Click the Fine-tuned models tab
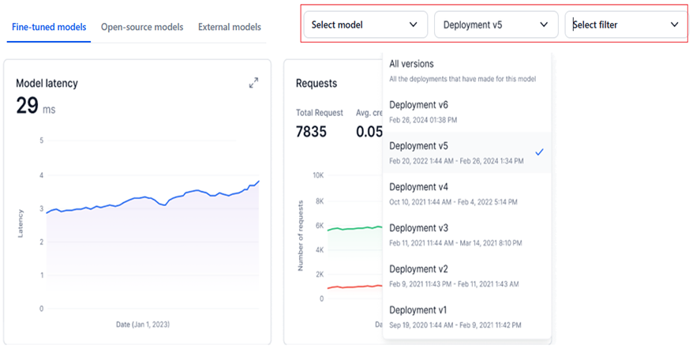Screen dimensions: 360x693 (x=49, y=27)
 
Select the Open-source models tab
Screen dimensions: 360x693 (x=142, y=27)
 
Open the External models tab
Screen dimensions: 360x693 (x=230, y=27)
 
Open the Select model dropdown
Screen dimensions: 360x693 (x=365, y=24)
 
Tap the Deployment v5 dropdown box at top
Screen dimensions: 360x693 (x=495, y=24)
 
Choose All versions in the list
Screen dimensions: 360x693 (x=411, y=64)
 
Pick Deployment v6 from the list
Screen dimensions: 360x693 (x=418, y=105)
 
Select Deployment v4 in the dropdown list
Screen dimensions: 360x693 (x=418, y=187)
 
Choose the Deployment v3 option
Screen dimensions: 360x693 (x=418, y=228)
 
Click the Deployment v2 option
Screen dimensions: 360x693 (x=418, y=269)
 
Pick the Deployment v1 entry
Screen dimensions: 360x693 (x=418, y=310)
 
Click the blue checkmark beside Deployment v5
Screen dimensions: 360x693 (x=539, y=152)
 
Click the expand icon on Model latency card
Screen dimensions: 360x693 (x=253, y=83)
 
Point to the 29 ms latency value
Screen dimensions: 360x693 (x=36, y=106)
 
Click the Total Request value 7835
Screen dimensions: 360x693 (x=311, y=132)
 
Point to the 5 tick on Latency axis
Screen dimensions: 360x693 (x=41, y=141)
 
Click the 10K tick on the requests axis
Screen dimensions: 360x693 (x=318, y=175)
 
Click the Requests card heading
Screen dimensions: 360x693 (x=317, y=83)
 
